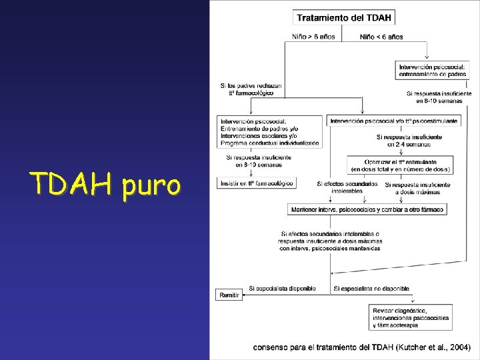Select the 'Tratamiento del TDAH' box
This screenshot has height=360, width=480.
coord(343,17)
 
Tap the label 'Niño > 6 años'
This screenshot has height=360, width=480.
coord(314,37)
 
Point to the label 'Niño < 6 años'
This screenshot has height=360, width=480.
coord(381,37)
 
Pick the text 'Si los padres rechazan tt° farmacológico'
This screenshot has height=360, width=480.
coord(251,89)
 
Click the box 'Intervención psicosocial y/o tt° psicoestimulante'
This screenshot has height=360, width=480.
coord(393,121)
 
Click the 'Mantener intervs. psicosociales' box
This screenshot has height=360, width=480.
coord(367,209)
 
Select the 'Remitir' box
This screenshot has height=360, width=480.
coord(228,295)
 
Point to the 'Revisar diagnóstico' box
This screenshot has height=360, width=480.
coord(411,318)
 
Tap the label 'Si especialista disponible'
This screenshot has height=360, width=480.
coord(282,288)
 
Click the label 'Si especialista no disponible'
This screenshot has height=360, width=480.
coord(371,288)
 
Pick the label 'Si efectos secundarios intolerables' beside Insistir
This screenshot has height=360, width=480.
coord(345,187)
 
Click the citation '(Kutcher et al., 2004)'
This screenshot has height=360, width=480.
coord(433,347)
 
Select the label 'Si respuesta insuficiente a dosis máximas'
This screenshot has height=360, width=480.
coord(416,188)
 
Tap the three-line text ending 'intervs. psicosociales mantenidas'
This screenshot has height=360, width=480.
coord(331,241)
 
